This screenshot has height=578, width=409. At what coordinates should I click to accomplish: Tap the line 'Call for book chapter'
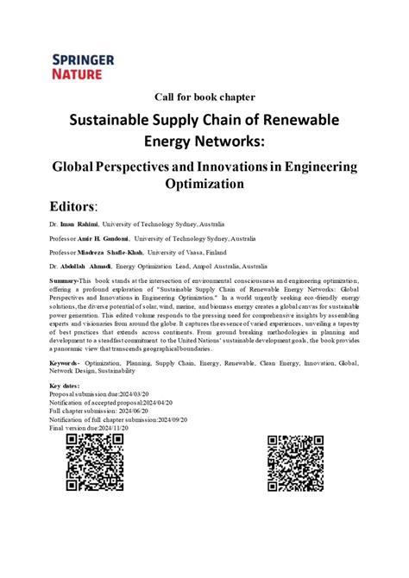pyautogui.click(x=204, y=96)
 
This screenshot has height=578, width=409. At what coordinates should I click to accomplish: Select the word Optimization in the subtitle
pyautogui.click(x=204, y=184)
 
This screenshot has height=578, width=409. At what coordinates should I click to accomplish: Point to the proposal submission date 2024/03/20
pyautogui.click(x=138, y=393)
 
